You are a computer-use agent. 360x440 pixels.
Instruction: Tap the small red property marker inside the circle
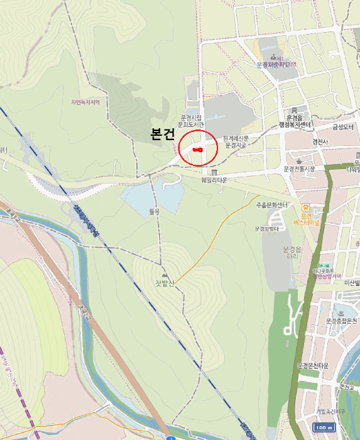pos(197,150)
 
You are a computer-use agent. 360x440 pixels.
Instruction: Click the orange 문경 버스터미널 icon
pos(306,207)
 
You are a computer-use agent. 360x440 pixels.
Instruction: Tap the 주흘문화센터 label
pos(271,206)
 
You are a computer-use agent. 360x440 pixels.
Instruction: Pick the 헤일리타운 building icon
pos(214,172)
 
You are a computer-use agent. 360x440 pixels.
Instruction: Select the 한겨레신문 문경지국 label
pos(236,141)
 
